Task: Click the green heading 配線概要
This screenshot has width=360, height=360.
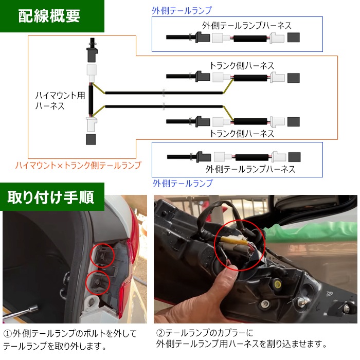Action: point(49,16)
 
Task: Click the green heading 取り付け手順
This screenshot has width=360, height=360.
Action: point(51,197)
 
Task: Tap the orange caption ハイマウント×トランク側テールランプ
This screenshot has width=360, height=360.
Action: point(78,165)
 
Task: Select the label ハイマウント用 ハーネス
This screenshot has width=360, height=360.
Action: point(60,101)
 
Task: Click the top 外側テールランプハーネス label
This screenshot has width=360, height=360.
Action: point(246,26)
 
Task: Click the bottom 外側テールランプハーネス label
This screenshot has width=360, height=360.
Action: point(250,169)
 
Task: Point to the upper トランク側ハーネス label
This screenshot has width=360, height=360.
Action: point(242,66)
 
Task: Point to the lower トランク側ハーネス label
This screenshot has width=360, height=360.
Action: point(242,134)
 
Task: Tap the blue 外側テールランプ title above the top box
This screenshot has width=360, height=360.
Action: point(182,11)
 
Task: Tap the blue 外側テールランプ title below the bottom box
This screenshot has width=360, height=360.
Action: point(183,183)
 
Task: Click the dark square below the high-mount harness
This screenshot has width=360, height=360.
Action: point(91,139)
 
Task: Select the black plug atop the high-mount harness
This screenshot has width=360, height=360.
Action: point(92,50)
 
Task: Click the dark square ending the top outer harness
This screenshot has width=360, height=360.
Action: point(294,38)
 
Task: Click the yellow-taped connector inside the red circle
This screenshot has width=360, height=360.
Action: point(232,240)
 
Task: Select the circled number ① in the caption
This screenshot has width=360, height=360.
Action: point(8,334)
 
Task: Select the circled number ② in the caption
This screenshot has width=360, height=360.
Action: point(160,333)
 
